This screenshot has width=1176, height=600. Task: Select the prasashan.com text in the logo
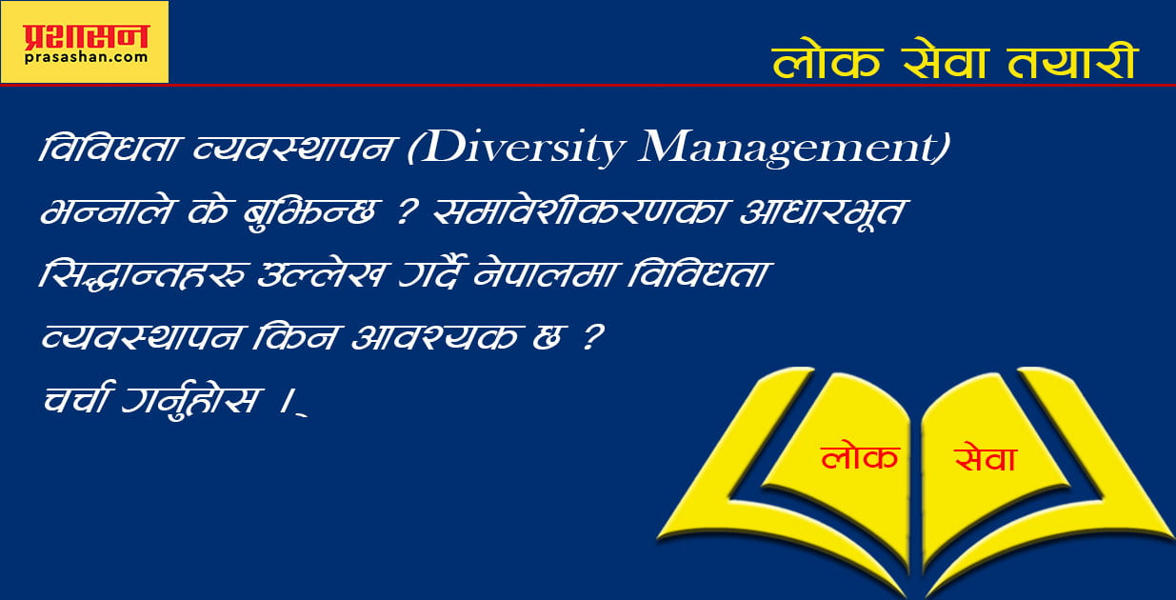tap(86, 58)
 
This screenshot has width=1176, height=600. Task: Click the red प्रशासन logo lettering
tap(86, 37)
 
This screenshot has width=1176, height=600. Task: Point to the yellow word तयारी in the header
tap(1072, 61)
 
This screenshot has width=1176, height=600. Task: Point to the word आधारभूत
tap(822, 211)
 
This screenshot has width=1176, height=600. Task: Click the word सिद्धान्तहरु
tap(142, 273)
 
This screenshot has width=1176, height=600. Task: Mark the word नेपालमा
tap(548, 273)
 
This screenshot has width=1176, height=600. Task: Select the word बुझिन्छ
tap(309, 212)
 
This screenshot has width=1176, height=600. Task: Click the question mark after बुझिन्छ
tap(407, 211)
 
